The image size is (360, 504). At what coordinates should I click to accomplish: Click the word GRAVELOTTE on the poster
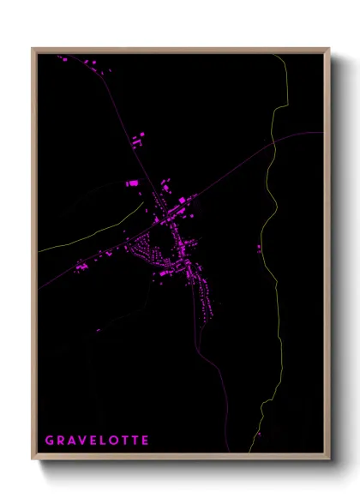[97, 441]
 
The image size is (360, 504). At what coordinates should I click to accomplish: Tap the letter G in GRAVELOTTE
[49, 441]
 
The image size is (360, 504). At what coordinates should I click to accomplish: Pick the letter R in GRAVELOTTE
[60, 441]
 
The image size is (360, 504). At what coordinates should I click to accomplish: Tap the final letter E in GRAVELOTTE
[145, 441]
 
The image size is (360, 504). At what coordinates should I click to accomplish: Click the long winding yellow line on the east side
[273, 257]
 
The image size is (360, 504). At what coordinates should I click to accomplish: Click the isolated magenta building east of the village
[259, 249]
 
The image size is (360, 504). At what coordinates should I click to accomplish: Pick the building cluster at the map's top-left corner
[63, 59]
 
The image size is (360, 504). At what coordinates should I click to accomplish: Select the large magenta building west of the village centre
[132, 183]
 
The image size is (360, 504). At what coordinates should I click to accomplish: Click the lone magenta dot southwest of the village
[98, 331]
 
